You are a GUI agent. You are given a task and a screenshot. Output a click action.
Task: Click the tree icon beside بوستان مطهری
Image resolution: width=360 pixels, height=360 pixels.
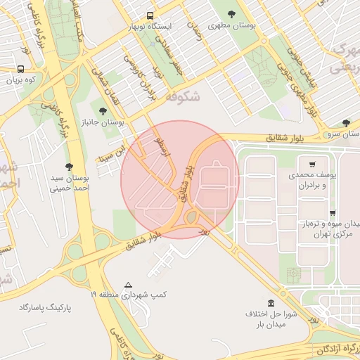pyautogui.click(x=233, y=13)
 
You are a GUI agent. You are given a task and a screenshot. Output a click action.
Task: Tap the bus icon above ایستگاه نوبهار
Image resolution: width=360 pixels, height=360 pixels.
pyautogui.click(x=150, y=15)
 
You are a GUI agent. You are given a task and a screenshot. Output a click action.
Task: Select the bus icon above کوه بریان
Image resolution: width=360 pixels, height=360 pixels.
pyautogui.click(x=20, y=70)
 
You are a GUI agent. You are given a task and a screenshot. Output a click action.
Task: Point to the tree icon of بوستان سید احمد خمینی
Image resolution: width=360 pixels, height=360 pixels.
pyautogui.click(x=68, y=167)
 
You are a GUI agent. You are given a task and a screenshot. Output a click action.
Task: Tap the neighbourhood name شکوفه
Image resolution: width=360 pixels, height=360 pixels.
pyautogui.click(x=181, y=98)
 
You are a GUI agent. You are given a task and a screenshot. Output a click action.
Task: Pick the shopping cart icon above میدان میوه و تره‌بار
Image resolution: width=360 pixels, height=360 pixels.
pyautogui.click(x=332, y=212)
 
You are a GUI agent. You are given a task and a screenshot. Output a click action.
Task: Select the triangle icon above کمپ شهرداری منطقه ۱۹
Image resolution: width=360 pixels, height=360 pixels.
pyautogui.click(x=128, y=285)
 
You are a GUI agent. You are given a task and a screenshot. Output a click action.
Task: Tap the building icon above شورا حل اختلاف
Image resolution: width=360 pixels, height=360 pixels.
pyautogui.click(x=271, y=302)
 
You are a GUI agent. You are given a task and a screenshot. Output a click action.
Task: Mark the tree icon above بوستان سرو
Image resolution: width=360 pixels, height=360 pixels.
pyautogui.click(x=346, y=123)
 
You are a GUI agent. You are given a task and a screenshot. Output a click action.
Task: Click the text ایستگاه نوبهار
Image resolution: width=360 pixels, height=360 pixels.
pyautogui.click(x=149, y=27)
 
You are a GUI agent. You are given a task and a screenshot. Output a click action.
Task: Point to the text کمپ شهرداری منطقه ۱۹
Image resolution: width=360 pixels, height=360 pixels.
pyautogui.click(x=128, y=295)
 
